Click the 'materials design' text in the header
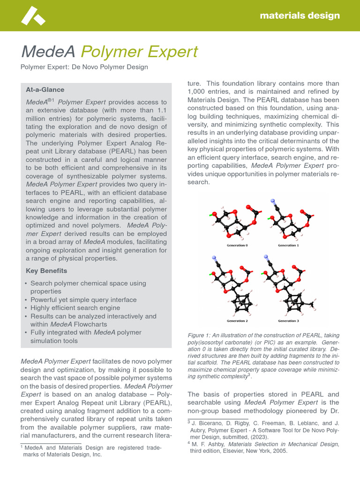click(300, 15)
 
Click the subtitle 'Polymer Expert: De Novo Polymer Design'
click(84, 67)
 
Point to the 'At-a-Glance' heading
click(45, 90)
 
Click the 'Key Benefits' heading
click(46, 271)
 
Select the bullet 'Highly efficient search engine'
click(75, 308)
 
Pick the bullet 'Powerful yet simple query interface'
click(83, 300)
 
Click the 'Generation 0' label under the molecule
click(237, 245)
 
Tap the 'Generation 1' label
click(288, 245)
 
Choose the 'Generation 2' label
click(237, 321)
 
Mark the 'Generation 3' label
click(288, 321)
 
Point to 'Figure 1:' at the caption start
click(200, 336)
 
